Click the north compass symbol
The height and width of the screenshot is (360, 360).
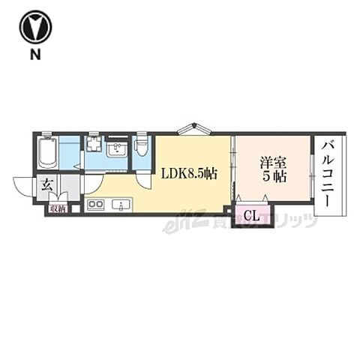coord(34,27)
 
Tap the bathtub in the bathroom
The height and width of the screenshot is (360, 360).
coord(47,154)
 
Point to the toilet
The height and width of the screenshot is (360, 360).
coord(142,148)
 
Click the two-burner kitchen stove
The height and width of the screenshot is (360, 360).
coord(95,205)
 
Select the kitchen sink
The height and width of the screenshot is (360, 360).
coord(121,205)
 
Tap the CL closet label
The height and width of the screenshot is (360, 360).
coord(252,216)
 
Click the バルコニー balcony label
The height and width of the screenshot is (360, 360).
coord(329,174)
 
